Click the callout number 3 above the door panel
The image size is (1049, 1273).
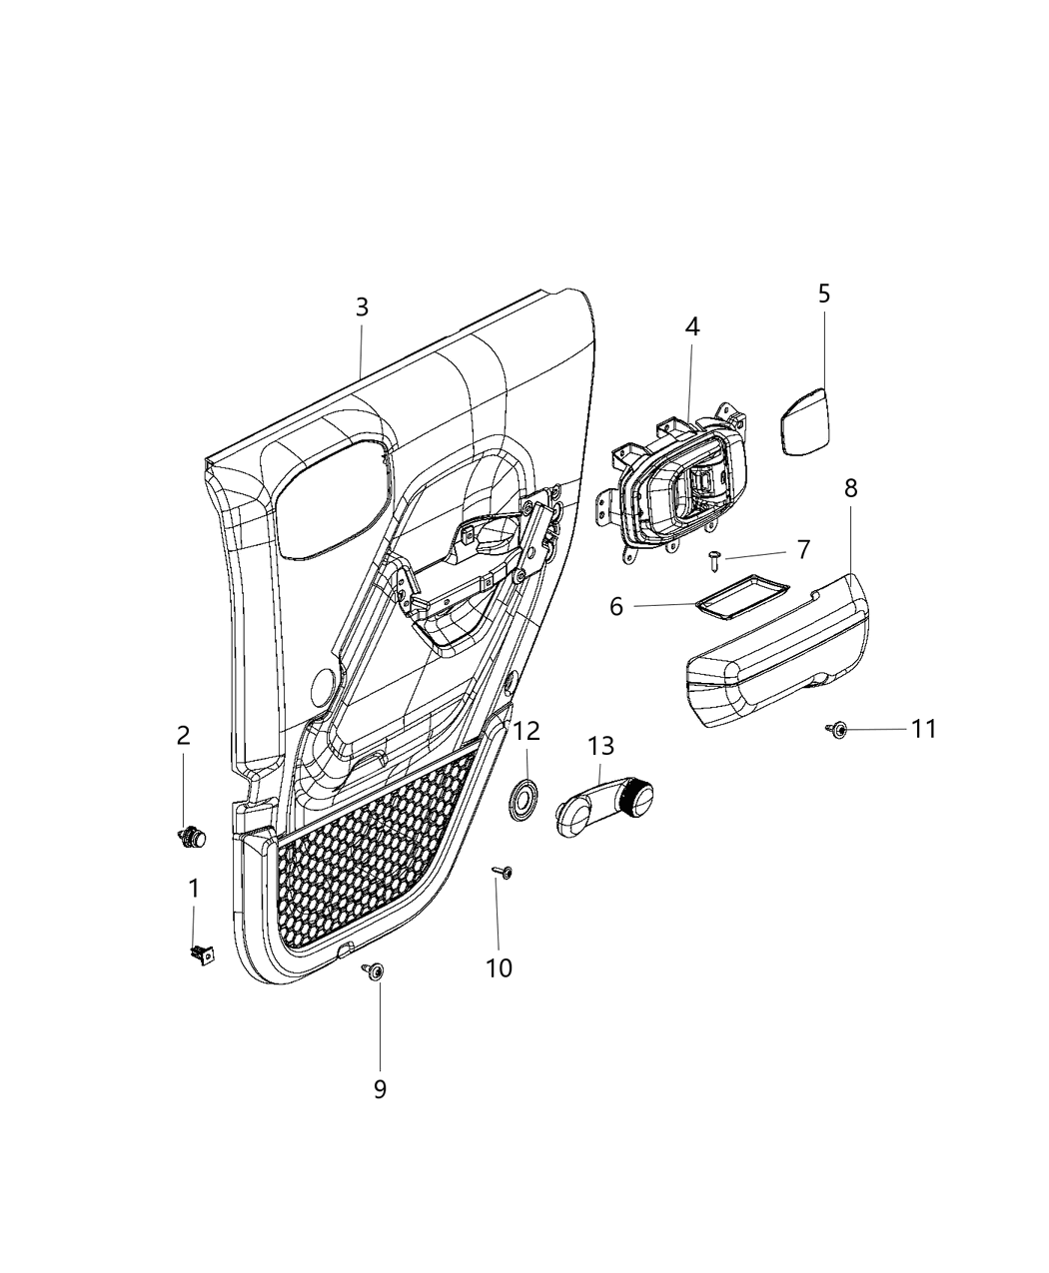click(x=362, y=308)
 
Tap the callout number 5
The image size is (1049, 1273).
click(x=823, y=294)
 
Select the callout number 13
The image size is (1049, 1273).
click(x=600, y=746)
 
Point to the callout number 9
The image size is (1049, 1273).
click(x=380, y=1088)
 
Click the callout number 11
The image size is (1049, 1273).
click(x=923, y=730)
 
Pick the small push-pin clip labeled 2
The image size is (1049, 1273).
click(x=190, y=837)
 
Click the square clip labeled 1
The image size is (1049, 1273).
click(x=203, y=955)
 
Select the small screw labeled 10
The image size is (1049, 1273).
click(x=505, y=874)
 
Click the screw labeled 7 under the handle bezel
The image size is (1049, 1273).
click(x=716, y=560)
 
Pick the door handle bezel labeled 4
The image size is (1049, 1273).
click(x=679, y=488)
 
